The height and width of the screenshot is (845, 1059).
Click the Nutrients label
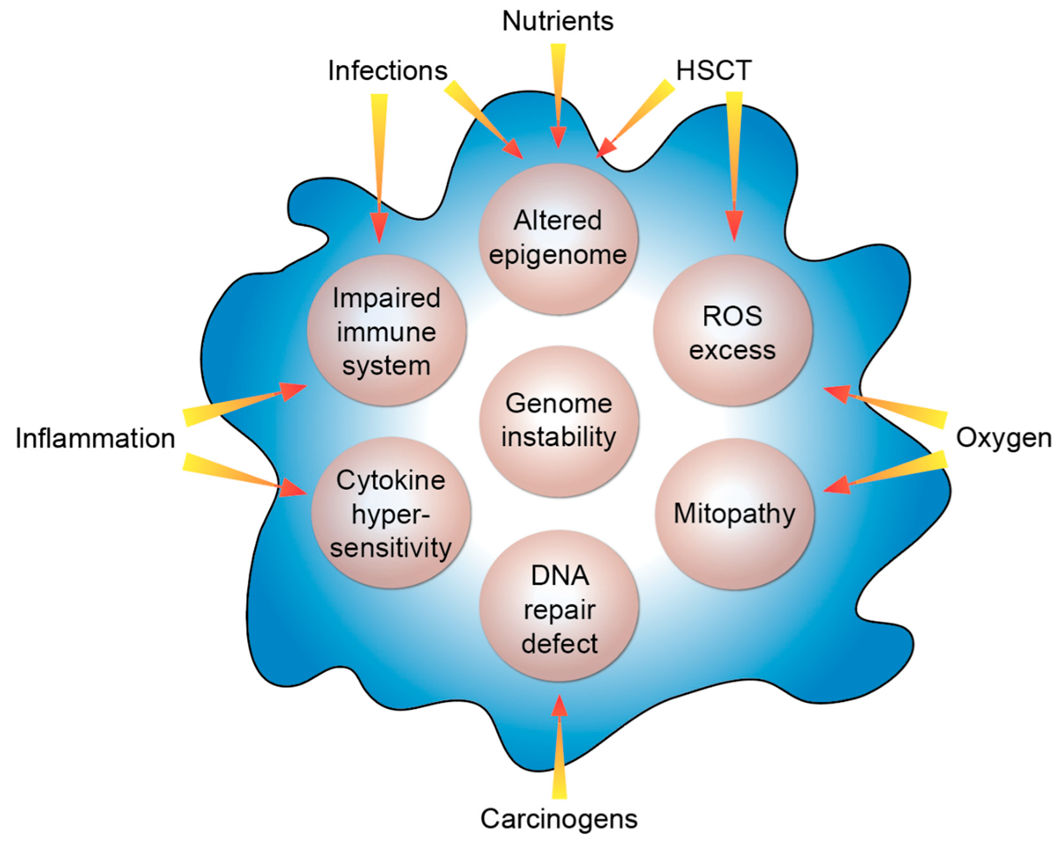tap(557, 22)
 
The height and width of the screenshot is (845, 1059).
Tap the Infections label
tap(387, 71)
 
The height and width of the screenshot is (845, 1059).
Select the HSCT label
tap(714, 70)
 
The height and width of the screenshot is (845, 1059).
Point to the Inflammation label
tap(95, 438)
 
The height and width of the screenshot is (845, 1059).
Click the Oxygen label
tap(1003, 438)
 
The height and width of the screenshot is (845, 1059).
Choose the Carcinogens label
tap(558, 819)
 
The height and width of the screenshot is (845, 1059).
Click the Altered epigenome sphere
tap(558, 239)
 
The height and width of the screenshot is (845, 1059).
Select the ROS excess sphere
tap(732, 331)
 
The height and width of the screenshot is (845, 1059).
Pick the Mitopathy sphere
tap(734, 513)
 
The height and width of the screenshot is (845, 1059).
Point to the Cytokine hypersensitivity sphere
tap(391, 513)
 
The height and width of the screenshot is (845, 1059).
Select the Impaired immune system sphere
tap(386, 331)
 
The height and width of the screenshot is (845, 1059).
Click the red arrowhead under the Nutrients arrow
tap(558, 137)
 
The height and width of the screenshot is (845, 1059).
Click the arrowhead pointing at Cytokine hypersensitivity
tap(294, 488)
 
